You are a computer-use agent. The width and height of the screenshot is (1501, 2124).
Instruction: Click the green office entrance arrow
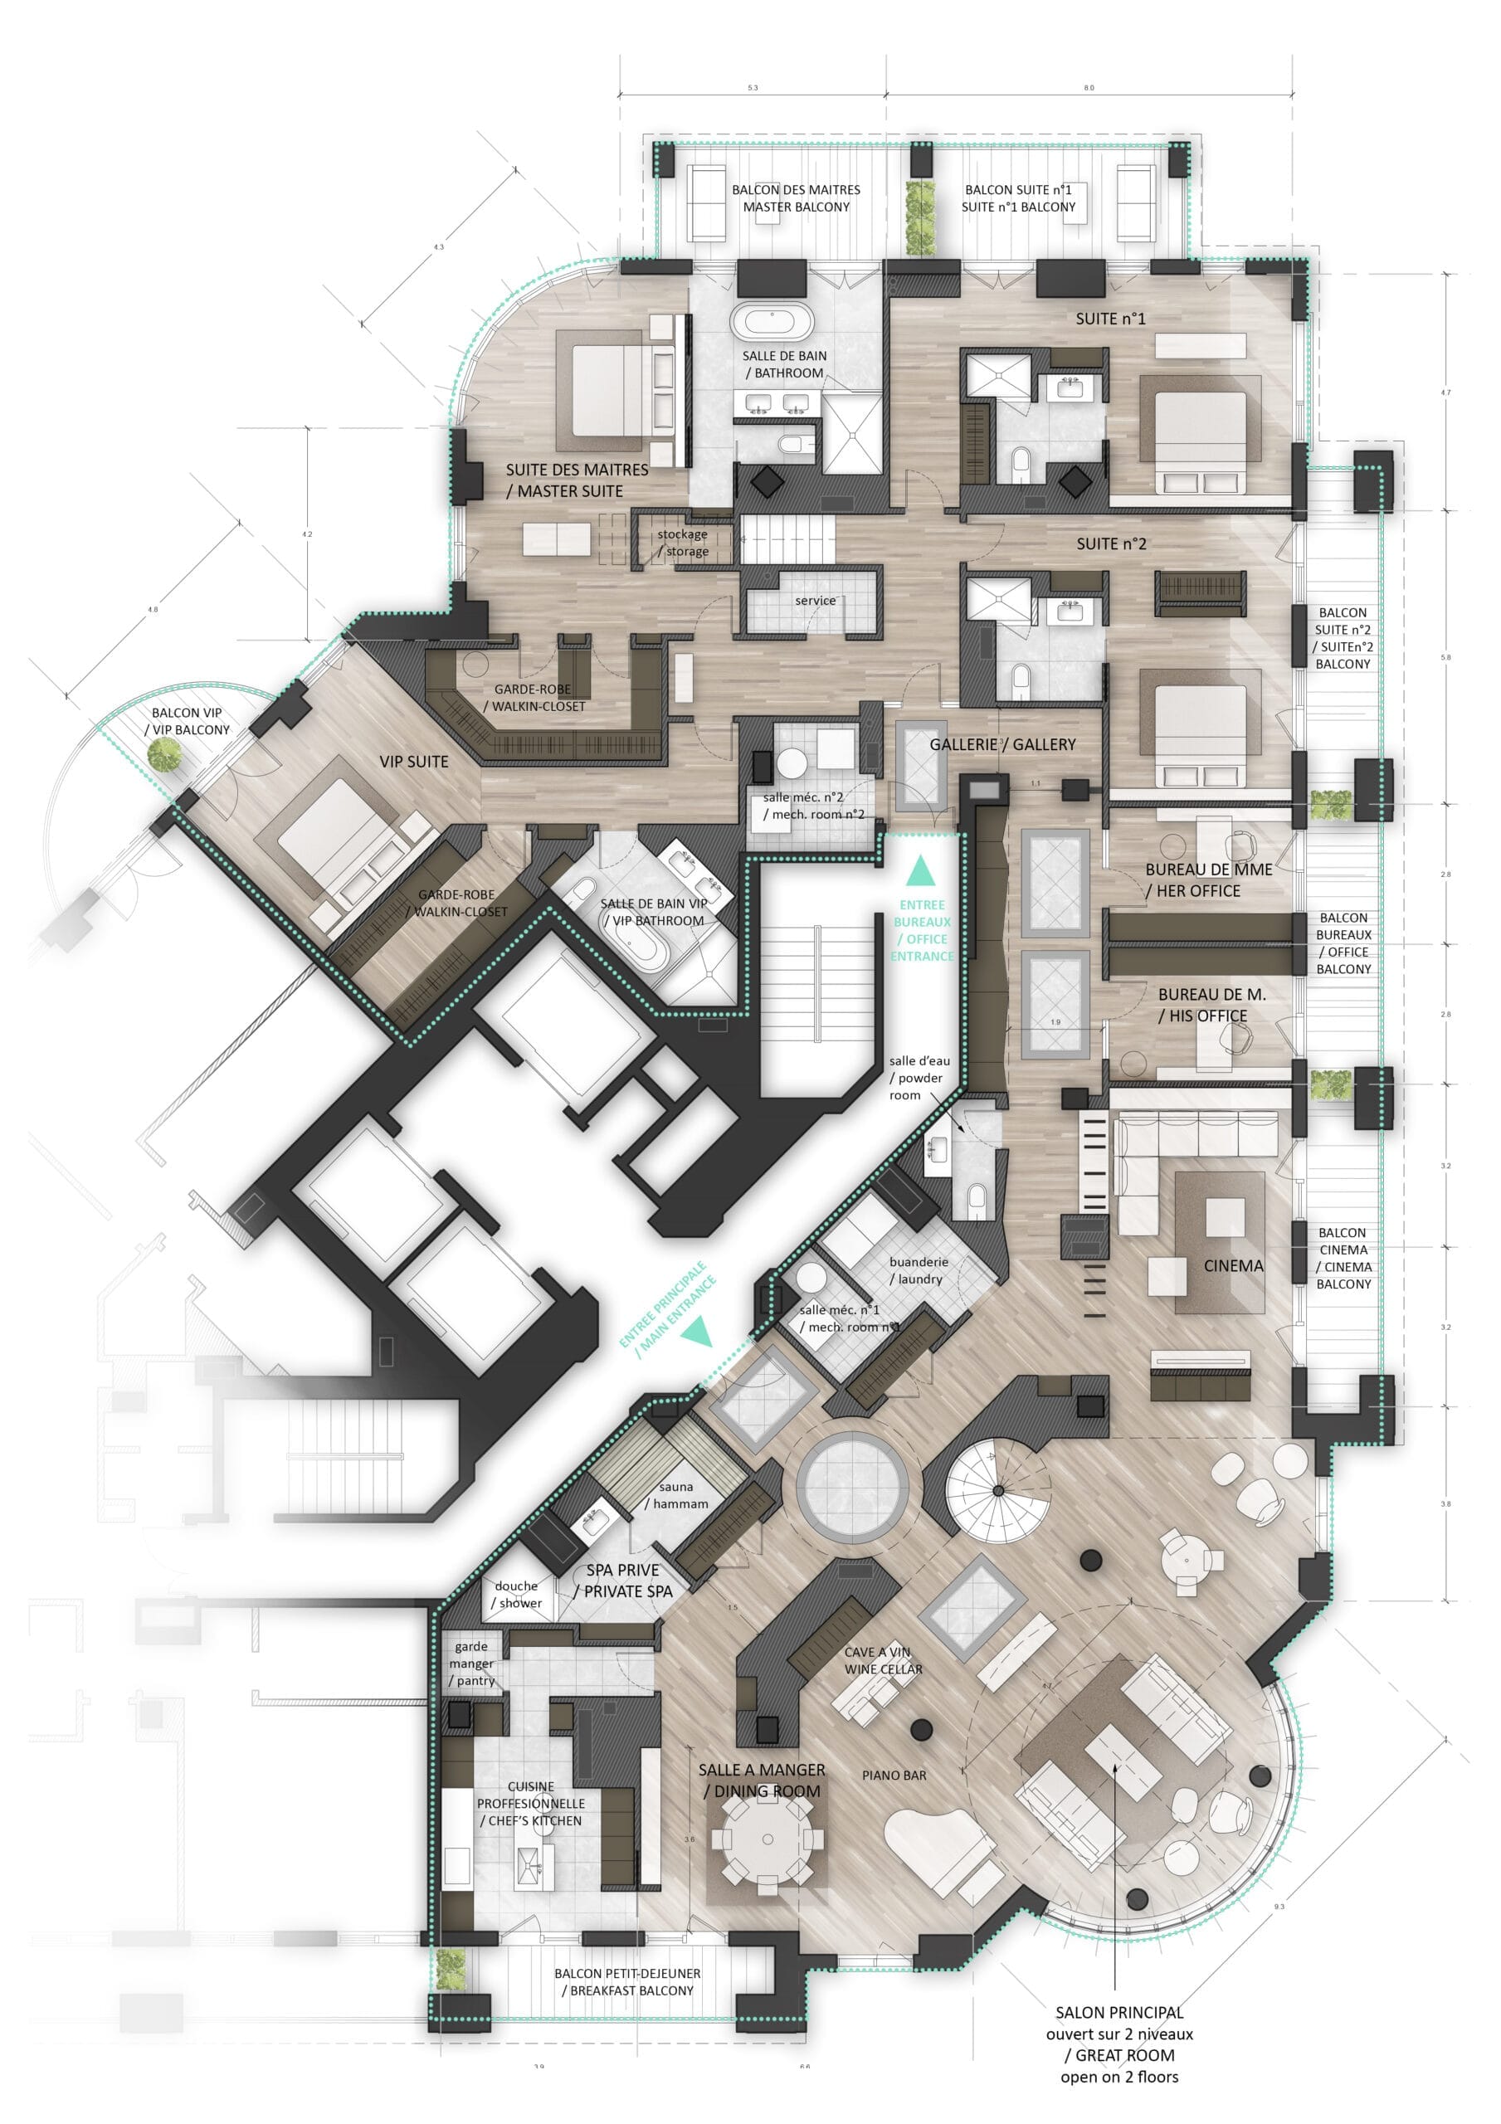(920, 870)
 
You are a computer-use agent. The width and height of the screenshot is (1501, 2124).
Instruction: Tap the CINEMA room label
(1233, 1265)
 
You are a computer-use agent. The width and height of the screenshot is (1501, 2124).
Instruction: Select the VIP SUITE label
(414, 762)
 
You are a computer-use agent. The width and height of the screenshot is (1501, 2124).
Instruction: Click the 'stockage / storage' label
(683, 543)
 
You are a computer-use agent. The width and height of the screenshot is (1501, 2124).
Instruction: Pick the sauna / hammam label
(676, 1495)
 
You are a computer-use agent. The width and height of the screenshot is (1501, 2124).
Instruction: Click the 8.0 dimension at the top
(1089, 88)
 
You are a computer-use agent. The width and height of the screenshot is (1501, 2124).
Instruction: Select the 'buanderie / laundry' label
(917, 1270)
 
